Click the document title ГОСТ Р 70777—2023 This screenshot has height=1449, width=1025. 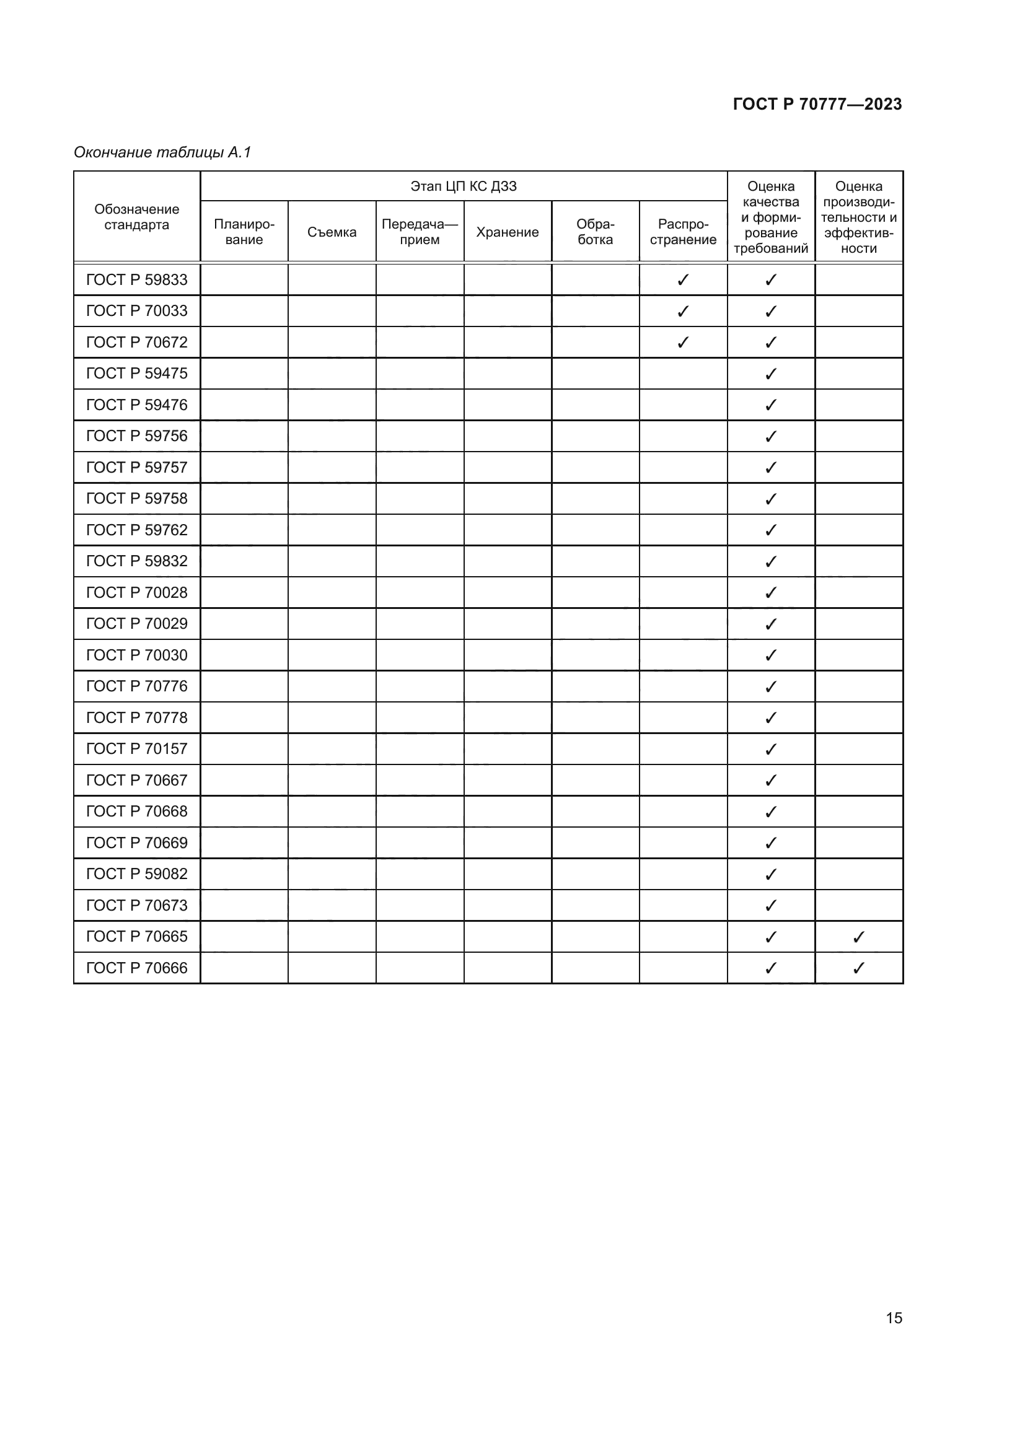(817, 104)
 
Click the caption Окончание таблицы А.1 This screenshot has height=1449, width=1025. (162, 152)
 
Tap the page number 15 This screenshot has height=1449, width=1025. (894, 1318)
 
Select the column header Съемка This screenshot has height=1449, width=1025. (332, 232)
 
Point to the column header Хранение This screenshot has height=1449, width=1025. (508, 232)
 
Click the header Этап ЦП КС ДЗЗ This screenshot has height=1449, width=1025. (464, 186)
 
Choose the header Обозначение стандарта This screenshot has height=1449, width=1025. (136, 217)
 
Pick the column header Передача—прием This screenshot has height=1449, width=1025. (420, 232)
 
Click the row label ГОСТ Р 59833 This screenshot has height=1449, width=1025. (136, 279)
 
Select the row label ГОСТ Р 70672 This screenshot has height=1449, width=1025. (136, 342)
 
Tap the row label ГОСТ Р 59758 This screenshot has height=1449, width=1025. (136, 499)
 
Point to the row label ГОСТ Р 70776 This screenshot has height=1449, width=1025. (136, 686)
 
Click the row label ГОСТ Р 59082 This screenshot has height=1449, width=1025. (136, 873)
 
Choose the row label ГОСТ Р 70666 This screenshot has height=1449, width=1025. (136, 968)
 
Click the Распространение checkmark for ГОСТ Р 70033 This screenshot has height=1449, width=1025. (683, 311)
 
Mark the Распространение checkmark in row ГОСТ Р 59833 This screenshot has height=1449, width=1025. (683, 279)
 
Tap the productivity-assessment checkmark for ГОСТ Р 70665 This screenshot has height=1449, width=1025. (858, 937)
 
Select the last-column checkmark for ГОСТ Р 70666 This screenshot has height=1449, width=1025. (858, 968)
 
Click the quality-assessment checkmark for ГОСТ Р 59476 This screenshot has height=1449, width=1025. (771, 405)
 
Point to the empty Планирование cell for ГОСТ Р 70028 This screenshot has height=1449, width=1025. (244, 593)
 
